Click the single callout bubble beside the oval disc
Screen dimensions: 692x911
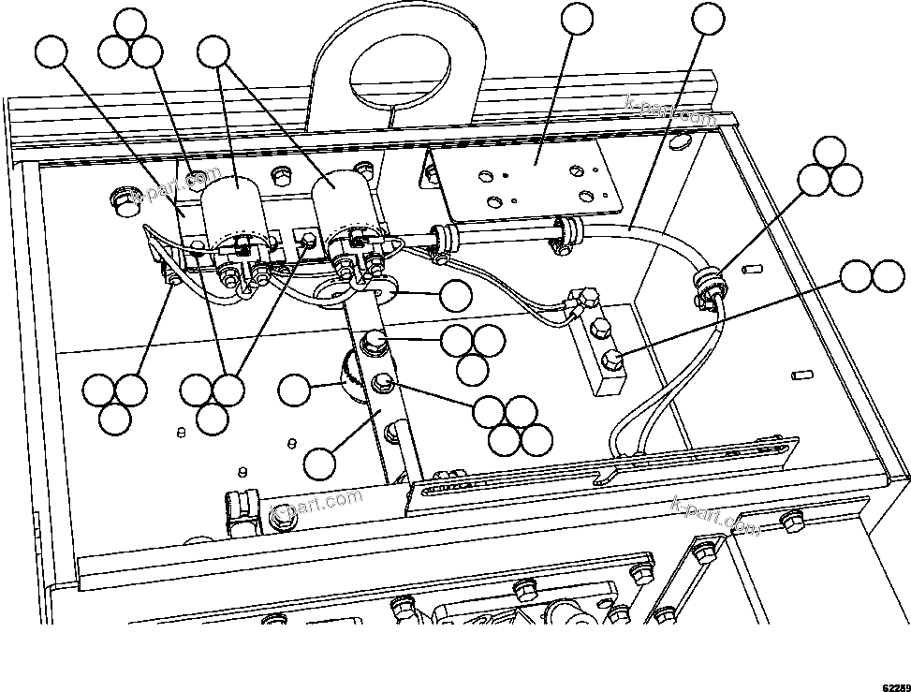pos(456,296)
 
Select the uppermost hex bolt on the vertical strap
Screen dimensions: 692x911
pos(374,340)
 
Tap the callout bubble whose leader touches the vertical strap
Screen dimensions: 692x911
pos(320,462)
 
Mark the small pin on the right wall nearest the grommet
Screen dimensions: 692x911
pos(747,270)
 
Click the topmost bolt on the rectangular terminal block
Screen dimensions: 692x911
pos(584,299)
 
